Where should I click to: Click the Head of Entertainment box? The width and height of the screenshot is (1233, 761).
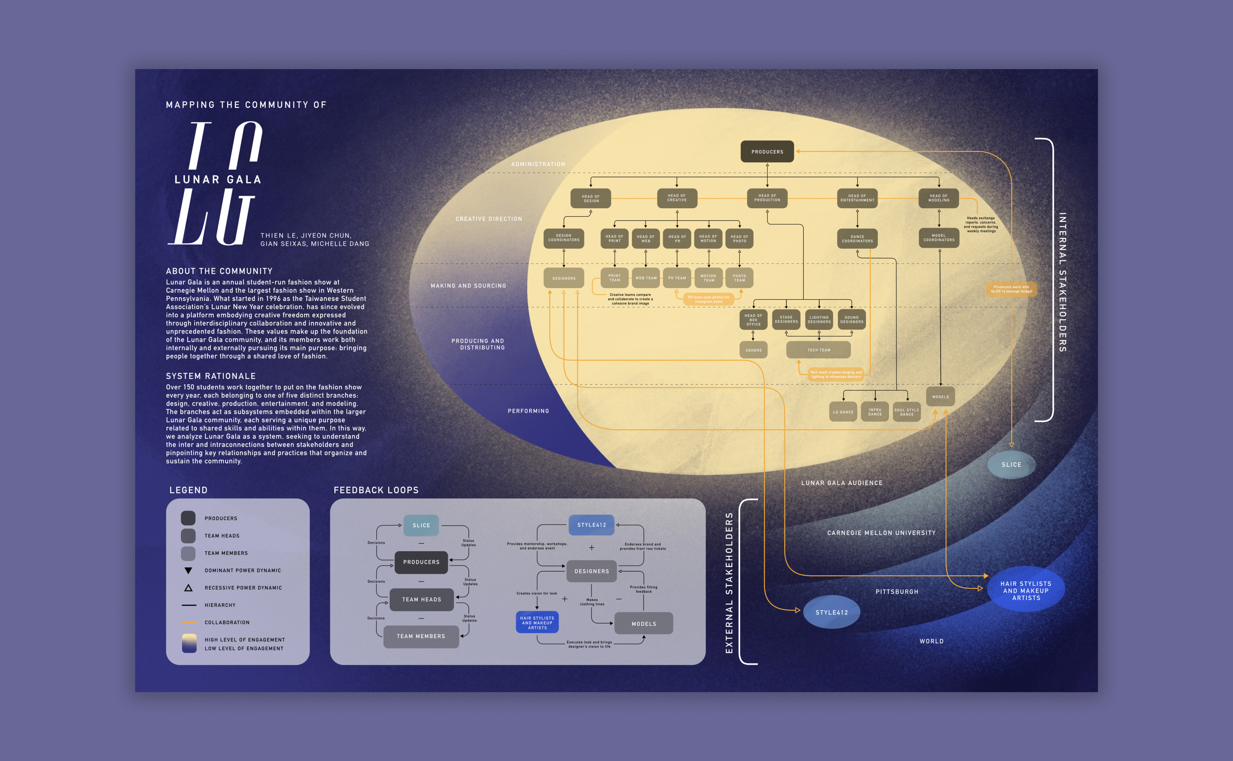tap(857, 198)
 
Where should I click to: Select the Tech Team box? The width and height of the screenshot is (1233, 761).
tap(819, 350)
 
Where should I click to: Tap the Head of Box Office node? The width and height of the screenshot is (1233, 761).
tap(753, 320)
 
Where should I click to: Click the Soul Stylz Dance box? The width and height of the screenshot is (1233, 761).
tap(907, 412)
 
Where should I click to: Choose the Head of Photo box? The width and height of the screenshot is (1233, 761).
tap(739, 239)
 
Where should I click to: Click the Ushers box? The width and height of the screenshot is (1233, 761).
tap(753, 350)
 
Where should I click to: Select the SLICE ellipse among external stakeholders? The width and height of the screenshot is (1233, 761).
tap(1011, 464)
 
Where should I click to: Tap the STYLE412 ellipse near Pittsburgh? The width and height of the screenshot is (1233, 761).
tap(831, 612)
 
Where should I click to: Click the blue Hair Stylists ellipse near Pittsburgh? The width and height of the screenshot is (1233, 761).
tap(1026, 590)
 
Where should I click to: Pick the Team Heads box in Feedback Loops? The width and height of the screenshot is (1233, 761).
tap(422, 600)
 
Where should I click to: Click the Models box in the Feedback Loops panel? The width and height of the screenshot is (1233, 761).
tap(643, 624)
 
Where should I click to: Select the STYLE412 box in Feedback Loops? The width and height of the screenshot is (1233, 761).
tap(592, 525)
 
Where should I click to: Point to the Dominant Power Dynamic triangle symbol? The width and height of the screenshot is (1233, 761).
tap(188, 570)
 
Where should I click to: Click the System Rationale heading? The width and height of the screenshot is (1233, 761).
tap(211, 376)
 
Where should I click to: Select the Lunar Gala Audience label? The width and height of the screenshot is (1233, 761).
tap(842, 483)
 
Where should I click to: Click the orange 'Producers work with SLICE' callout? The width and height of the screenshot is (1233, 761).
tap(1011, 289)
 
